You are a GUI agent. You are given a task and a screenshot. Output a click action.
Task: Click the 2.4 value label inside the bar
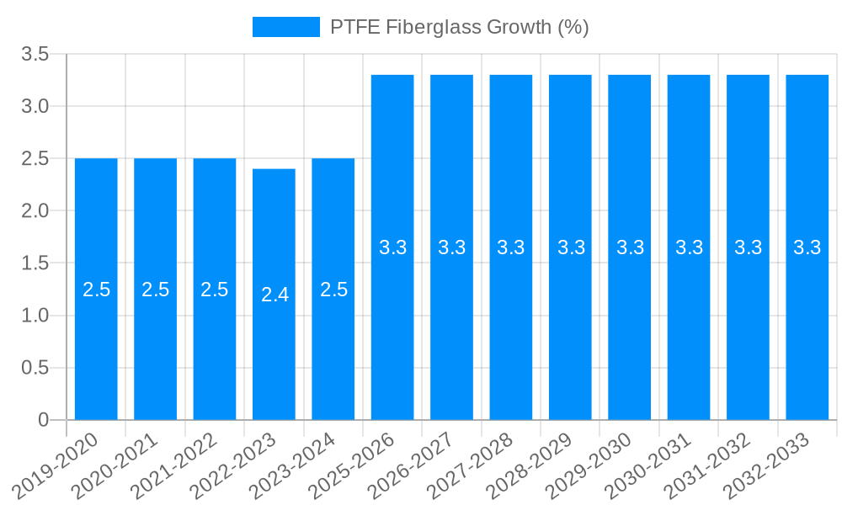coord(274,295)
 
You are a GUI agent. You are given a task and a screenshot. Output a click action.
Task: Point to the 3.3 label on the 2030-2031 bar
coord(689,247)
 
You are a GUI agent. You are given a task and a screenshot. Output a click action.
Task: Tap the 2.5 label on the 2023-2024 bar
coord(333,290)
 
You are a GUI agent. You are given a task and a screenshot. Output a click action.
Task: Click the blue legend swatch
coord(285,27)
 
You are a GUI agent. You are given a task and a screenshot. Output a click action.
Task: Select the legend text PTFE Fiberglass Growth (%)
coord(459,27)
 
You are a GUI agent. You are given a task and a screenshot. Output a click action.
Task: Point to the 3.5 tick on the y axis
coord(35,55)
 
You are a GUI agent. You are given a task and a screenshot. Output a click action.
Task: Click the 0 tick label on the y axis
coord(44,420)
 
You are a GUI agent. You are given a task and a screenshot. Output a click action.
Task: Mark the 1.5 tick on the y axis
coord(35,263)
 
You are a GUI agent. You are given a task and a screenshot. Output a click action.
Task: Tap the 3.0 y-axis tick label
coord(35,107)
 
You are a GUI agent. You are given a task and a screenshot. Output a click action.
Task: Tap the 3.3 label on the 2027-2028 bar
coord(511,247)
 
